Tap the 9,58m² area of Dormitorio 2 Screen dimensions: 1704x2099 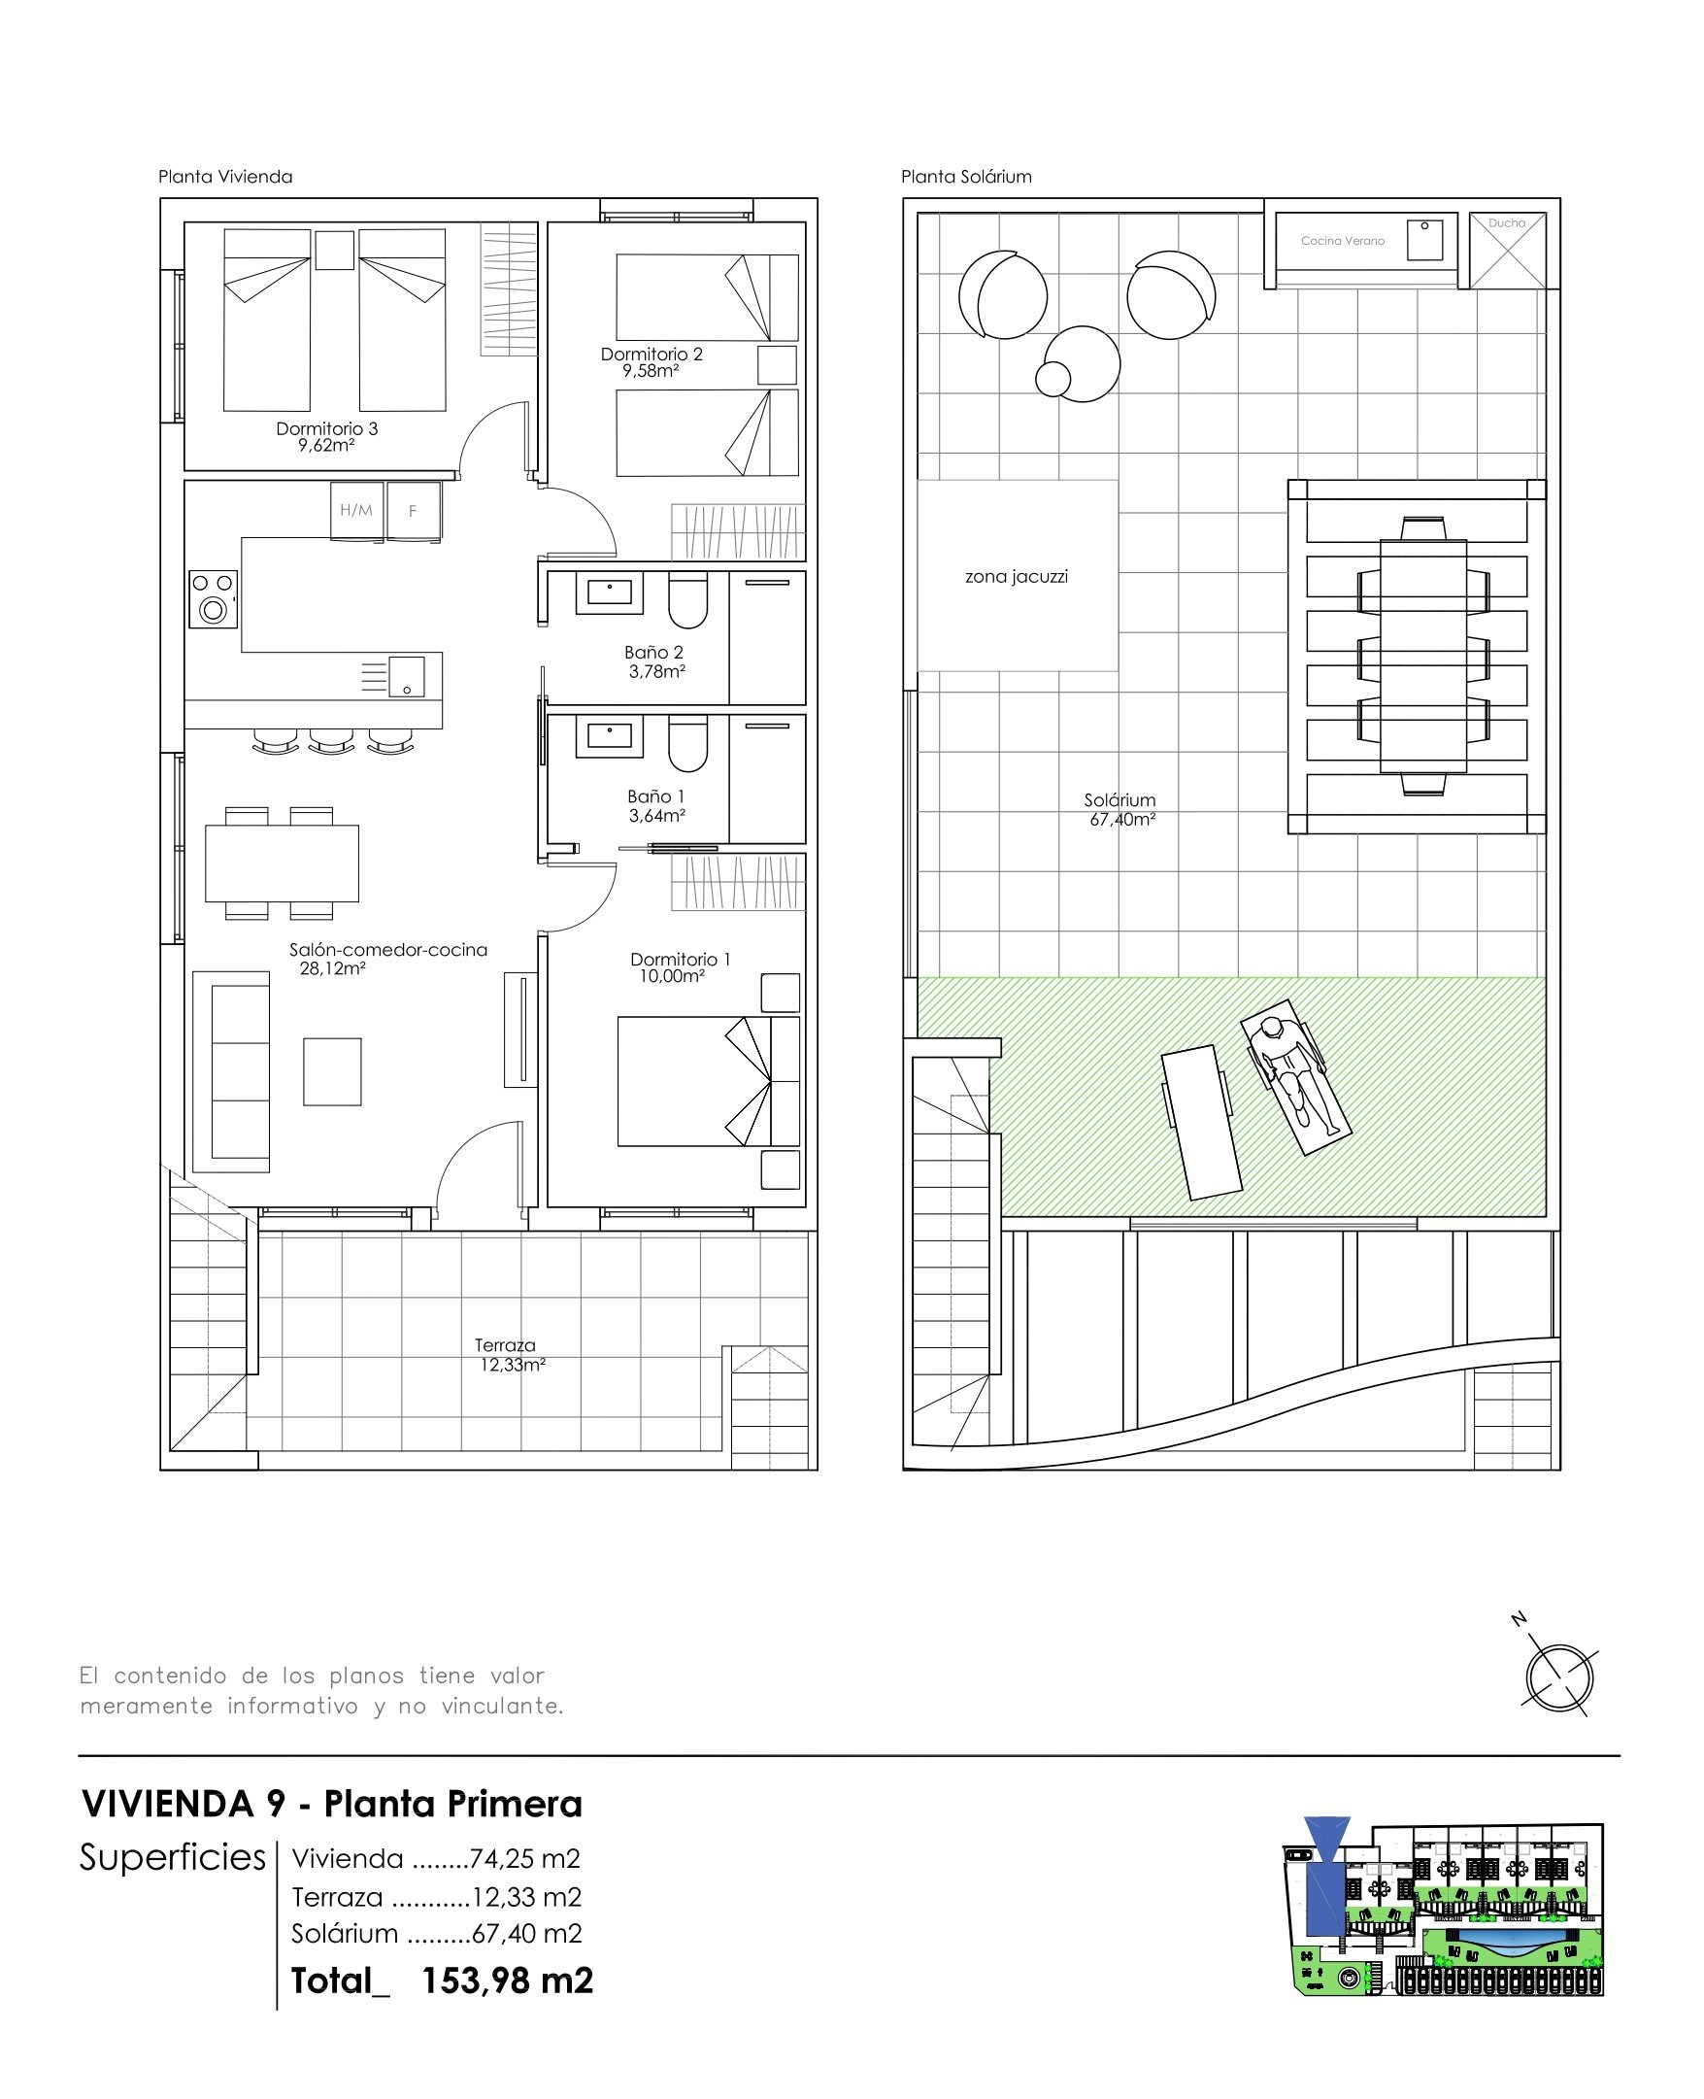coord(651,371)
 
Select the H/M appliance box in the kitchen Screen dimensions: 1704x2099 coord(356,511)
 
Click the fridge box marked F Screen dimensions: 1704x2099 coord(414,511)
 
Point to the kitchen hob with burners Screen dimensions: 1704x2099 coord(213,599)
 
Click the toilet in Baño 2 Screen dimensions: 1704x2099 coord(687,600)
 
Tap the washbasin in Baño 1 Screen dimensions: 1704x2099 coord(610,736)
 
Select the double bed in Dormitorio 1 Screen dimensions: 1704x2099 coord(709,1081)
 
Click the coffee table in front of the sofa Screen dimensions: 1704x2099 coord(332,1072)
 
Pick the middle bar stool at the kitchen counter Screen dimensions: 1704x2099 coord(331,741)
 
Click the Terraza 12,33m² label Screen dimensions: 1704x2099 coord(511,1355)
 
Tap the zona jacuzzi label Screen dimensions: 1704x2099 coord(1016,576)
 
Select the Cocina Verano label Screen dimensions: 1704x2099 coord(1342,241)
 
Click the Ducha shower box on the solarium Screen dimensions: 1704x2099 coord(1508,251)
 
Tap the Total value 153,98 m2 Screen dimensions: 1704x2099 coord(508,1981)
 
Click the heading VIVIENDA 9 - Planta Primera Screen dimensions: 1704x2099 coord(332,1804)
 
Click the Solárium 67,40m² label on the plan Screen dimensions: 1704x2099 coord(1120,810)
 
